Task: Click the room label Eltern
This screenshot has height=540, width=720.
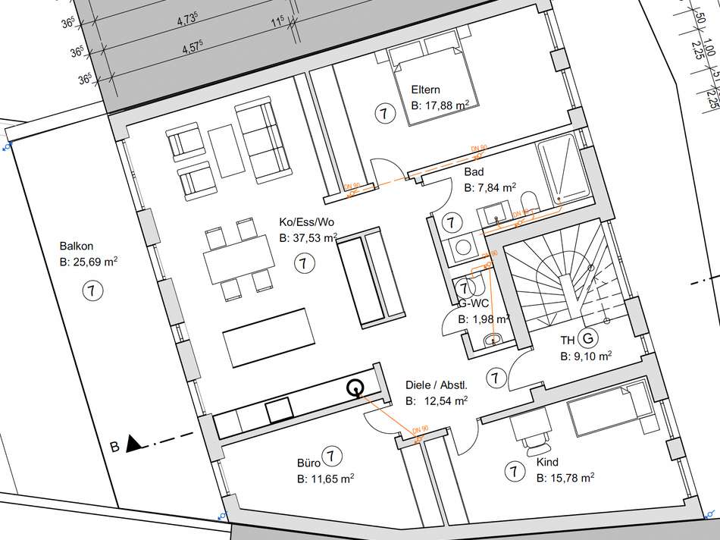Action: [426, 89]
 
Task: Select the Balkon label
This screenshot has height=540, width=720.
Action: [76, 246]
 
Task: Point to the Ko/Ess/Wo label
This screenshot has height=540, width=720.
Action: [306, 222]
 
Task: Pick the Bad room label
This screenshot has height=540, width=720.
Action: [474, 172]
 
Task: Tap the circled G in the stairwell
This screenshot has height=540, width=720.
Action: [587, 337]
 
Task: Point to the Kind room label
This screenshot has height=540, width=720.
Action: [547, 462]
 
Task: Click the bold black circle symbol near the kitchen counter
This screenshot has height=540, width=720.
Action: [354, 389]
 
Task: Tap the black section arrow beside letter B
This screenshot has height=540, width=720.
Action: [133, 444]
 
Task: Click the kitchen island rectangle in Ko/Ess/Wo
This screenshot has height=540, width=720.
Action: [268, 337]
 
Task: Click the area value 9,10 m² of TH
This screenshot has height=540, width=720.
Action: [586, 355]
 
